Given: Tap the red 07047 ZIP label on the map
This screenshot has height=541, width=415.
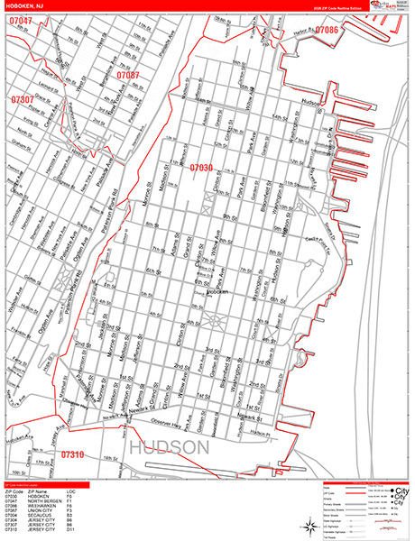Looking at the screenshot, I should (20, 21).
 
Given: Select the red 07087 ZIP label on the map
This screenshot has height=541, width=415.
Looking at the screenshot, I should (128, 75).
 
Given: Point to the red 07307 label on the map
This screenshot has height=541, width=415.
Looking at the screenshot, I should (23, 99).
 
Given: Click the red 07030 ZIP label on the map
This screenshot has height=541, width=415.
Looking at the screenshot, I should (201, 168).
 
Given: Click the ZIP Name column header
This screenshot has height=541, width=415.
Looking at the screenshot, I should (42, 491).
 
